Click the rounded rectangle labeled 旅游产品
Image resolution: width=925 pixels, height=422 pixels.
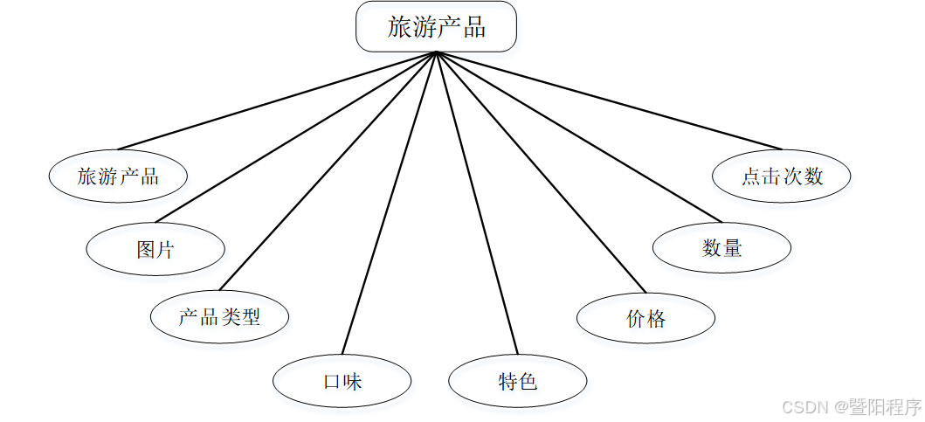pos(436,26)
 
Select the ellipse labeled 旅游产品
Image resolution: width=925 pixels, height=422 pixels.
pos(118,176)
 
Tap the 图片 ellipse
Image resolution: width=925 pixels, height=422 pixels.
pos(155,250)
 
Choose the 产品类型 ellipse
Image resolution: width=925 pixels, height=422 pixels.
pos(219,316)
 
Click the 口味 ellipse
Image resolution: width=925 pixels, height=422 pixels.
pos(342,381)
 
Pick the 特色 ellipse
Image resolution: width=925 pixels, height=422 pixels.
pos(517,381)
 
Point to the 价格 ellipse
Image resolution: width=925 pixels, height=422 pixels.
pos(645,319)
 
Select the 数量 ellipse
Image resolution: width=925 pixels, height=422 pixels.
pos(721,248)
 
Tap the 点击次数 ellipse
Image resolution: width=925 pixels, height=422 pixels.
pos(782,176)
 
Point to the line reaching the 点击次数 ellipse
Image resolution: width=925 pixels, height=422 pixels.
pos(609,100)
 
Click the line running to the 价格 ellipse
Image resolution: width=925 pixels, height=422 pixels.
pos(541,172)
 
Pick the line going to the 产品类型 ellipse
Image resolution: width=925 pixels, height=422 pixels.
pos(328,171)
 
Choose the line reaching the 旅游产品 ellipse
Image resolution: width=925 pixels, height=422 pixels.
pos(277,100)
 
